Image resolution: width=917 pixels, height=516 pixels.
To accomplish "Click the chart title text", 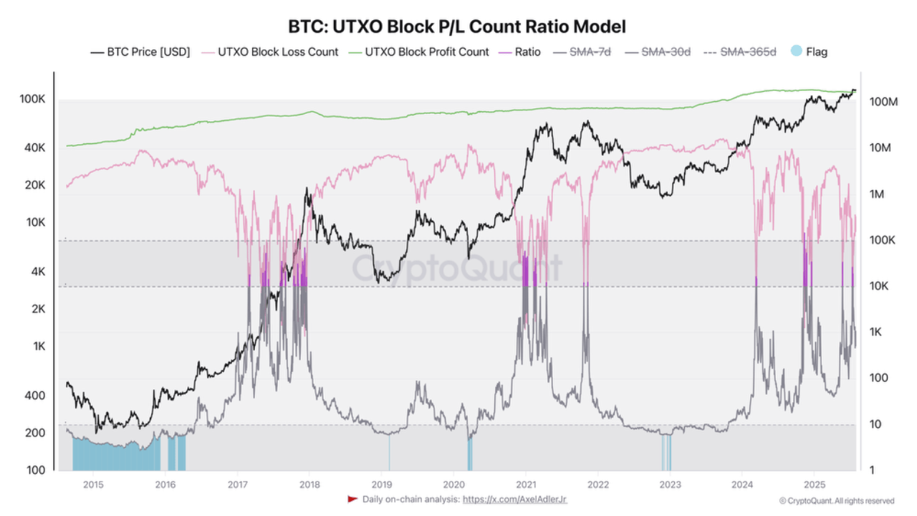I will (x=457, y=27).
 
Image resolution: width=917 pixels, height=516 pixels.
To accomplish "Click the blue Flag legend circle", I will (x=796, y=52).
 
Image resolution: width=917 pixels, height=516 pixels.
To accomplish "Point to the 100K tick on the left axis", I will (x=33, y=99).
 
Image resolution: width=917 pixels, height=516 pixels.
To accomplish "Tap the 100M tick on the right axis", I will (x=883, y=102).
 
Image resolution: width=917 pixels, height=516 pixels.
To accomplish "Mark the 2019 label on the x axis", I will (x=381, y=484).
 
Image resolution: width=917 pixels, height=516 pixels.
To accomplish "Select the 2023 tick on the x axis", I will (x=670, y=484).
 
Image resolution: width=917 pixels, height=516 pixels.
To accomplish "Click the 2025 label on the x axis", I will (x=814, y=484).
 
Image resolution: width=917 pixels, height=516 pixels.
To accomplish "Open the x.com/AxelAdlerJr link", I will (x=515, y=499).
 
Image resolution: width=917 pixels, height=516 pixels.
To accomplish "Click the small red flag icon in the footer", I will (x=352, y=499).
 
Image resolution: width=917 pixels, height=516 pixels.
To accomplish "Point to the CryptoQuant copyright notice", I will (x=837, y=501).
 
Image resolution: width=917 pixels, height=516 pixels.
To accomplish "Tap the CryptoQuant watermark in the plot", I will (x=457, y=268).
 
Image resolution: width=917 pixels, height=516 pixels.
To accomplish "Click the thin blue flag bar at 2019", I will (x=389, y=452).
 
